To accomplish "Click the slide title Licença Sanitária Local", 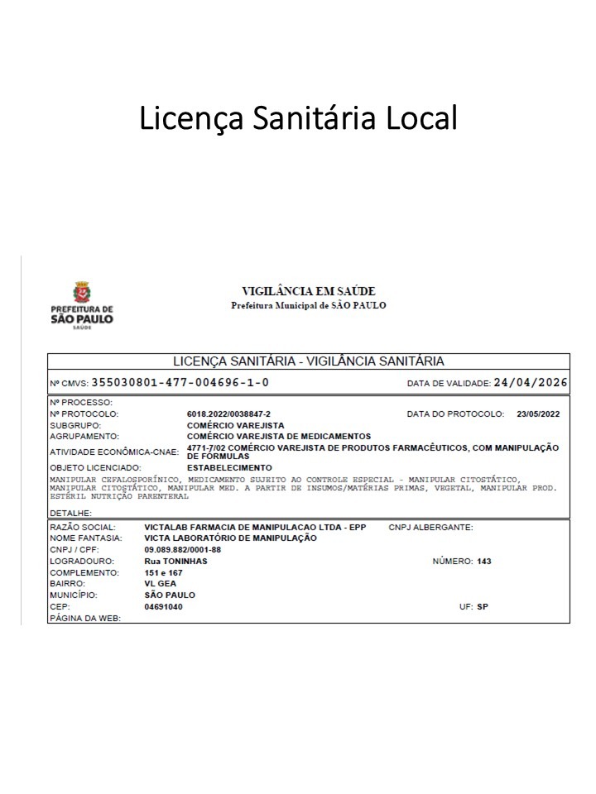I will [x=298, y=117].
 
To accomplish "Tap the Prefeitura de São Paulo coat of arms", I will [x=82, y=294].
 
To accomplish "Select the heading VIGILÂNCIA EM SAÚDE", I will [x=308, y=291].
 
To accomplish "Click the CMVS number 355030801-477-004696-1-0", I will [x=180, y=383].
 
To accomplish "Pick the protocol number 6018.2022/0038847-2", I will [x=228, y=414].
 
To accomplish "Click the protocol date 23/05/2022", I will [x=538, y=414].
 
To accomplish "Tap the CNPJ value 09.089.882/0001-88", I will [x=183, y=549].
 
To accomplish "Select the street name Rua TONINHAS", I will [x=175, y=561].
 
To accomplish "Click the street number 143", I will [x=484, y=561].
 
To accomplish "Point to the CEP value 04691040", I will [x=163, y=606].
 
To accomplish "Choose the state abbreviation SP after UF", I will [x=483, y=606].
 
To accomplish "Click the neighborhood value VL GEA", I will [x=160, y=583].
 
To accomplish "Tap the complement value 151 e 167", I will [x=163, y=572].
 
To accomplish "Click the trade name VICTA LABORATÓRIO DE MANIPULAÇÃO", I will [x=230, y=538].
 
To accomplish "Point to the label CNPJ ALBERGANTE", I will [x=430, y=527].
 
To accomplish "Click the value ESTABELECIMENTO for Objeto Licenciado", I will [x=229, y=467].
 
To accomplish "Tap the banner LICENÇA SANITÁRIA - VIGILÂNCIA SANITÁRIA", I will [x=308, y=361].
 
